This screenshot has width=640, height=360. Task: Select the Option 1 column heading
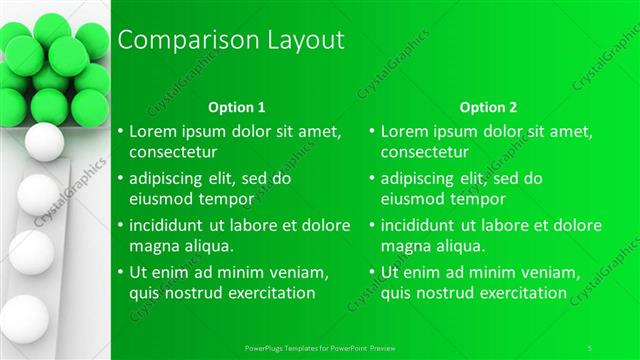237,106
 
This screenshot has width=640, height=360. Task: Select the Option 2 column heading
489,106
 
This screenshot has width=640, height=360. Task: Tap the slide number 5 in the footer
590,346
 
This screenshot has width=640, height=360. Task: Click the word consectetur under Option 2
425,152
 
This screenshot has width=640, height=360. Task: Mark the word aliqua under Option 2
454,245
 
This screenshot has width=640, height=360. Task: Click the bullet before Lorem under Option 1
120,132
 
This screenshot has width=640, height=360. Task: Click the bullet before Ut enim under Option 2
372,272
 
